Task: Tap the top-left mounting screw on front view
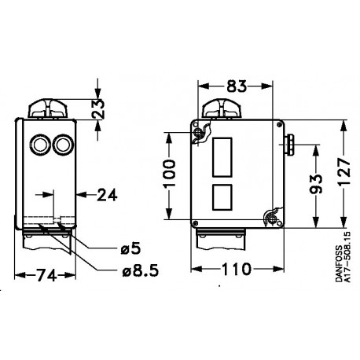coord(204,133)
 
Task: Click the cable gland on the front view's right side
coord(289,143)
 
